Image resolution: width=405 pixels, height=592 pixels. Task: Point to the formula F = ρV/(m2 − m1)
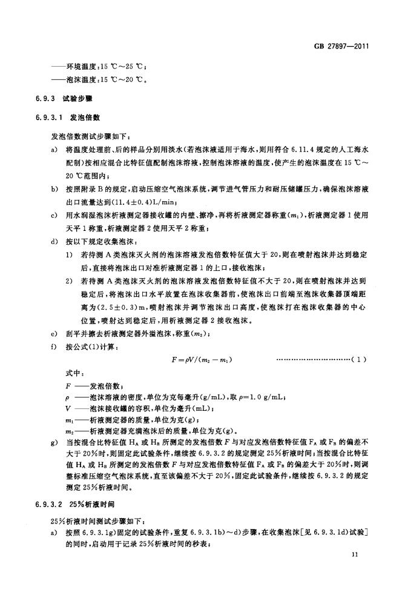202,360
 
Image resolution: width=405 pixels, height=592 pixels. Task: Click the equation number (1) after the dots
358,360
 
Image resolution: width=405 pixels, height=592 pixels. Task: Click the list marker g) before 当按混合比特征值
55,444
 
